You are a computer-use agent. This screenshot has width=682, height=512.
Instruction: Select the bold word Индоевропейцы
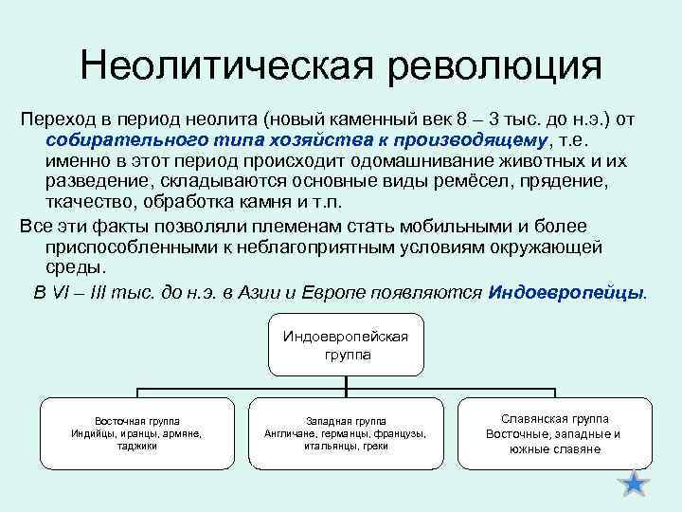[565, 291]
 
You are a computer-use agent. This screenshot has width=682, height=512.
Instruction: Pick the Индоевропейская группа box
[345, 346]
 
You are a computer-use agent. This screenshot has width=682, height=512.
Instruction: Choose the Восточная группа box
[137, 432]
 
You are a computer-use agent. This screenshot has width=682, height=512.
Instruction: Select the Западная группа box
[345, 432]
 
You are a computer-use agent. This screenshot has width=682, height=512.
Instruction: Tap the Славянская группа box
[554, 432]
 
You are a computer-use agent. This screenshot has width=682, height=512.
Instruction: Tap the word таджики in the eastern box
[137, 446]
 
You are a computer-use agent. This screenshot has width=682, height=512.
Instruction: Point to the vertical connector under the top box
[345, 382]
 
